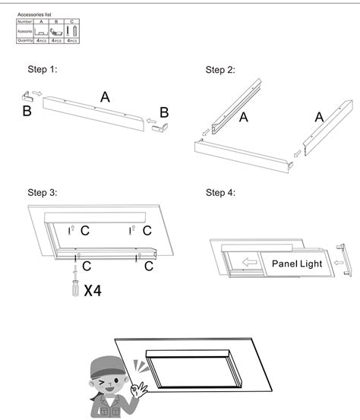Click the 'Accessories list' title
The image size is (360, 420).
[34, 14]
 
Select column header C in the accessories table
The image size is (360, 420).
[71, 21]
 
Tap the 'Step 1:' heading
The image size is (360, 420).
[43, 70]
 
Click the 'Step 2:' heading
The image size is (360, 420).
[220, 70]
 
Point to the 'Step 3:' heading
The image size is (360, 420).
[43, 193]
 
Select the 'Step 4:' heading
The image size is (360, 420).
[220, 193]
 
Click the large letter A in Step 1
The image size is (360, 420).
[105, 96]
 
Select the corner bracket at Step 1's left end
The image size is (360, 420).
[25, 95]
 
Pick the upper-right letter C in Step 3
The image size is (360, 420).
[147, 229]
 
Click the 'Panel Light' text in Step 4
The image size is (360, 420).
[297, 264]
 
